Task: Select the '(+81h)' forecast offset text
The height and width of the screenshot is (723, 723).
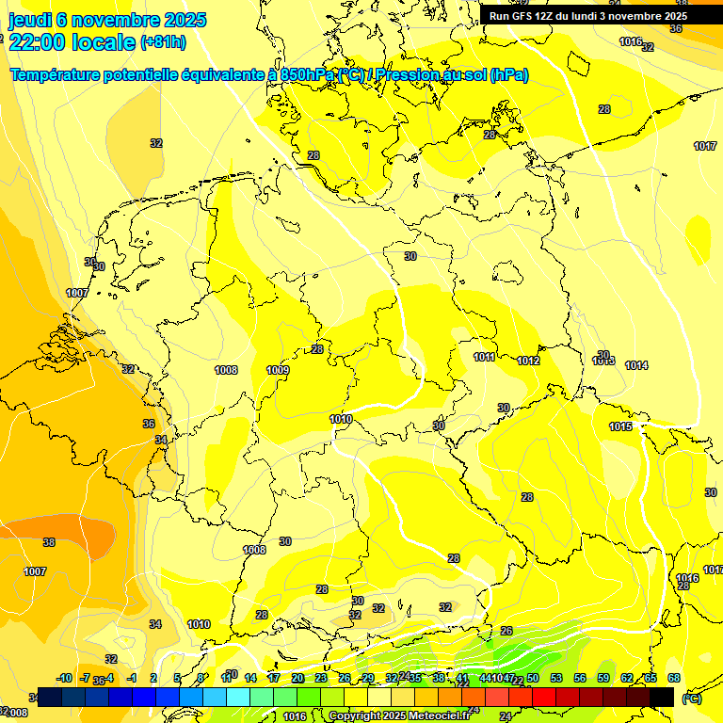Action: click(163, 42)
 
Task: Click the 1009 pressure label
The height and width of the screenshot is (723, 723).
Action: click(278, 370)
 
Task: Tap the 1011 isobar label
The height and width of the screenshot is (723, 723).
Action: click(484, 357)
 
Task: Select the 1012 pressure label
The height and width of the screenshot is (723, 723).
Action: click(528, 361)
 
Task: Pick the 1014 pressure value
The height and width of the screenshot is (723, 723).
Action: click(636, 365)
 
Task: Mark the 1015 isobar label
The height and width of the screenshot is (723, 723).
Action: click(620, 426)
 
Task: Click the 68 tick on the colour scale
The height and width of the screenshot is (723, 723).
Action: click(674, 678)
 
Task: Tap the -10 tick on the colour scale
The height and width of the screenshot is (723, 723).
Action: click(65, 678)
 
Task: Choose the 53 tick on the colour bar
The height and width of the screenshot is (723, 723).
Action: click(556, 678)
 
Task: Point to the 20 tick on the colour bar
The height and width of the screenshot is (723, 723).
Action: click(297, 678)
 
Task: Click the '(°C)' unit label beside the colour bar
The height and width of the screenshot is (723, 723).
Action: click(692, 698)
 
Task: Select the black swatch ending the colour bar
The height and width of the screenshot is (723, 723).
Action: click(662, 697)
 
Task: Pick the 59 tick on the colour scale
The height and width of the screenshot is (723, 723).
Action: click(603, 678)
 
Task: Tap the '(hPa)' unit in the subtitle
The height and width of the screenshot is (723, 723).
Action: click(509, 75)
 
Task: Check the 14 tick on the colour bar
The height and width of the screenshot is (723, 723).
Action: click(250, 678)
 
